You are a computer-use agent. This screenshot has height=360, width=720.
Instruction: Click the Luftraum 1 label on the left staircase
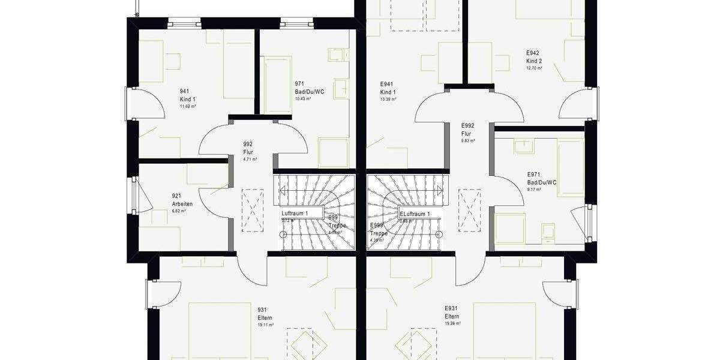click(295, 214)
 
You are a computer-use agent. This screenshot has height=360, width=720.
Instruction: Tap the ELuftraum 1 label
click(415, 214)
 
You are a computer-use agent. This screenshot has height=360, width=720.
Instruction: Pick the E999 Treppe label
click(378, 230)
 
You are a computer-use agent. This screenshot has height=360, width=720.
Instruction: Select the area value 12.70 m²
click(535, 68)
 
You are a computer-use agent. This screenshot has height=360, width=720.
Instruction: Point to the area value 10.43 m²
click(303, 99)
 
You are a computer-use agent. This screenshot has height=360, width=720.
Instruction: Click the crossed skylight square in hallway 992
click(252, 210)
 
